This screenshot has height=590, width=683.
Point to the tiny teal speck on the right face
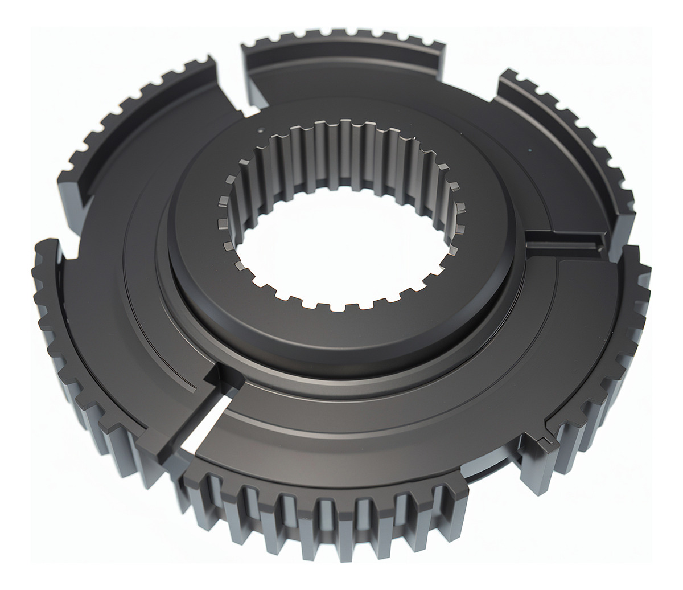pyautogui.click(x=530, y=150)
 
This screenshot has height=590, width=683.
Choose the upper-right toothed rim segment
pyautogui.click(x=569, y=142)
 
